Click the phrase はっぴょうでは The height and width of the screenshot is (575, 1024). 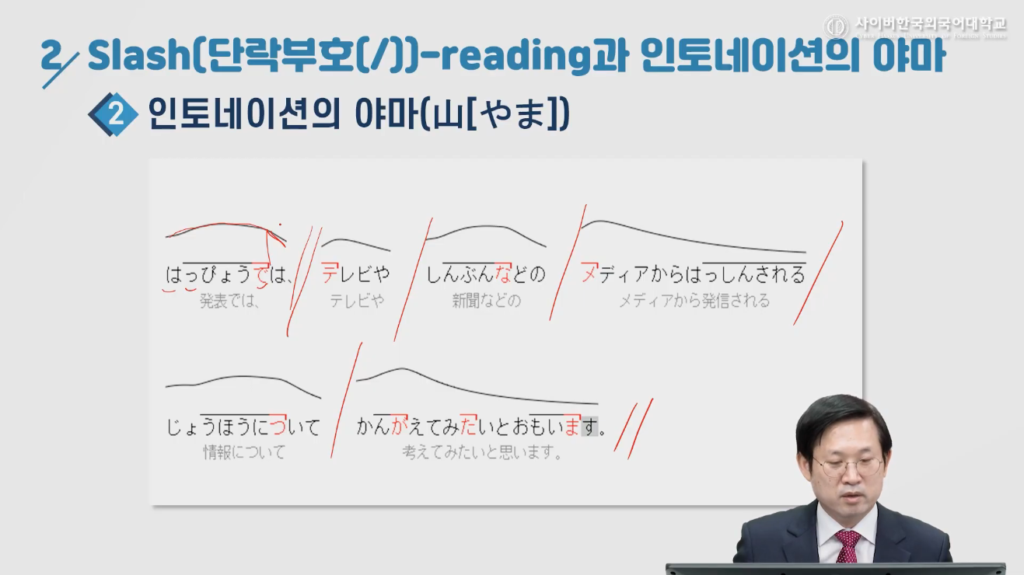pos(227,274)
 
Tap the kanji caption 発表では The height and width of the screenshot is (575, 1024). pos(230,301)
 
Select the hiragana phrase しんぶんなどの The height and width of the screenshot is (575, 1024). pos(486,274)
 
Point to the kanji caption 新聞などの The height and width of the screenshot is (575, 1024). pos(486,301)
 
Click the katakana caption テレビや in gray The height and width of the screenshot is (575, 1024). pos(356,301)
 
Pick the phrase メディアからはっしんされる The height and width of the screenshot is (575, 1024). pos(694,274)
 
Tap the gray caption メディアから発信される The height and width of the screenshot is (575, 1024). pos(694,301)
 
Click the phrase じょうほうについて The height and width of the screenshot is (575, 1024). pos(243,427)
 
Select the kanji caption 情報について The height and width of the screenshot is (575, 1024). pos(244,452)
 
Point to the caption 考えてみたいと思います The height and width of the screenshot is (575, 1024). pos(482,452)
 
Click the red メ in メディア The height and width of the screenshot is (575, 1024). pos(589,274)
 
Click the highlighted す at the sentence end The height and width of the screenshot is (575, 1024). pos(590,427)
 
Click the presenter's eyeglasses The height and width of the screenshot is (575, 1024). pos(848,466)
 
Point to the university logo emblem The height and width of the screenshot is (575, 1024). pos(837,27)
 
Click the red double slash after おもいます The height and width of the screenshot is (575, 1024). pos(633,427)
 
